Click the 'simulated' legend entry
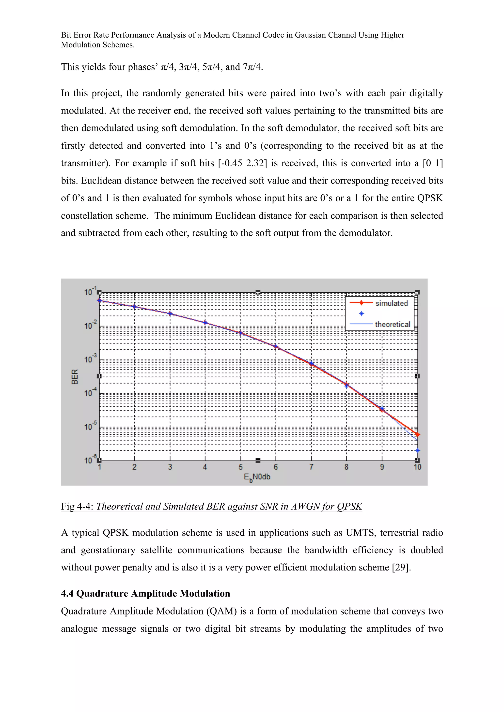click(391, 303)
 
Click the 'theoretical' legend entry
click(393, 324)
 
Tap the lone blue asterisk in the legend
click(362, 314)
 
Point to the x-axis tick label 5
click(241, 467)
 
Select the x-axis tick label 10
click(417, 467)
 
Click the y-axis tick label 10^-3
click(90, 359)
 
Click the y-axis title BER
click(75, 377)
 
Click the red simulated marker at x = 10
click(418, 434)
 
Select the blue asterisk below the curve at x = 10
click(418, 451)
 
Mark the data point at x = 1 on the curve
click(99, 300)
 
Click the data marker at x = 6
click(275, 346)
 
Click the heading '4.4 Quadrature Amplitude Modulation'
click(145, 593)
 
